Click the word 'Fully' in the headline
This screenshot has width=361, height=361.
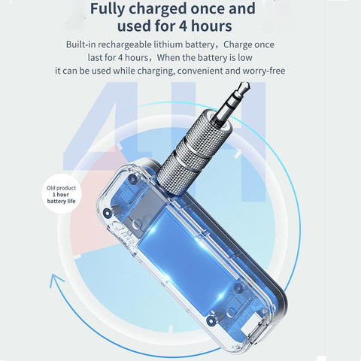[107, 9]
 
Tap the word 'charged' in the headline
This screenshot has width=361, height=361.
[157, 9]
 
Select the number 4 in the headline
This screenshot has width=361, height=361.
[184, 26]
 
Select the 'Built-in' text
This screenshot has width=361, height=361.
[80, 44]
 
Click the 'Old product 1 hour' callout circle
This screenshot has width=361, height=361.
[62, 195]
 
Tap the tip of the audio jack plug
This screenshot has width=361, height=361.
[247, 84]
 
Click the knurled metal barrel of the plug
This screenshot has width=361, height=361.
[190, 152]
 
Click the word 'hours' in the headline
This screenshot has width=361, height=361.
[211, 26]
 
